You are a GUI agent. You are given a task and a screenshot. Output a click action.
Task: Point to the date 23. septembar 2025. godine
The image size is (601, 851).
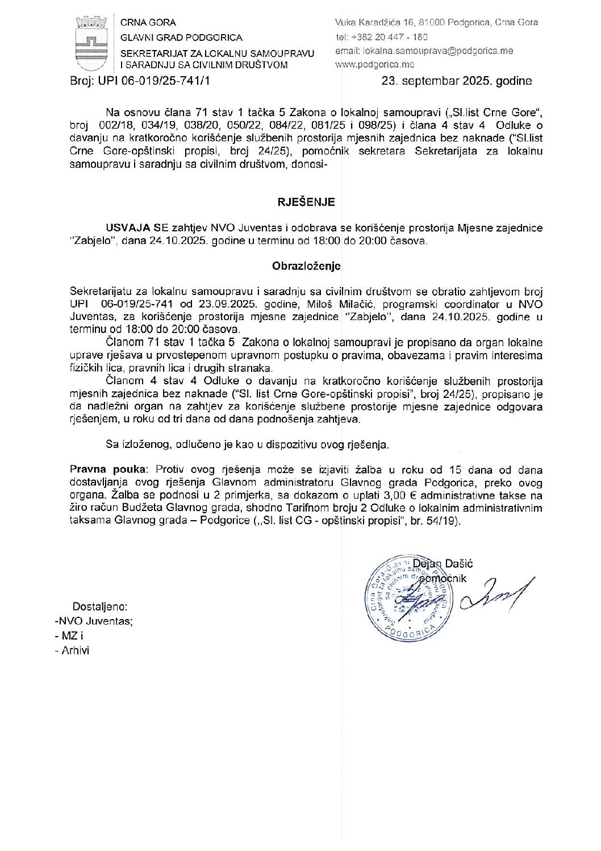[457, 81]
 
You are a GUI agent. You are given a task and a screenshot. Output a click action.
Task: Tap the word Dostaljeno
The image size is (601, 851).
[99, 607]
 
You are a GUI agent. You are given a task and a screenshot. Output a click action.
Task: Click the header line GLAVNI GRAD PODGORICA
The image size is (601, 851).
[181, 38]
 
